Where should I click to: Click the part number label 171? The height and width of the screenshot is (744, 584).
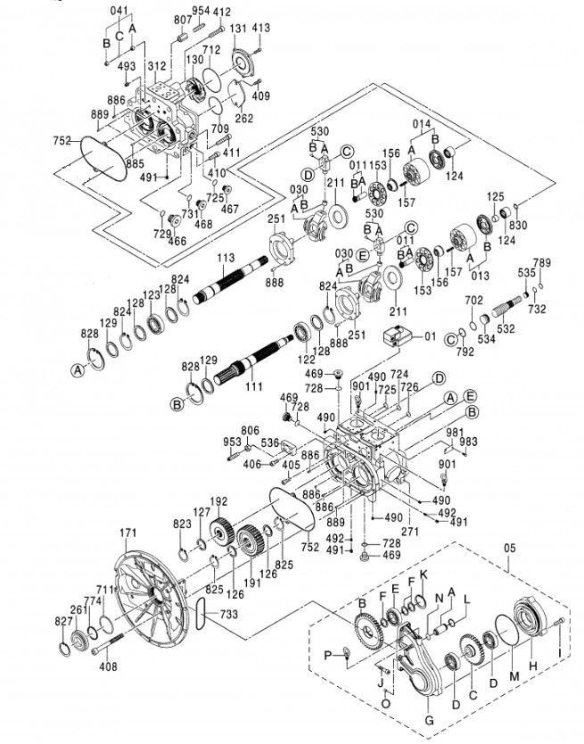[x=128, y=533]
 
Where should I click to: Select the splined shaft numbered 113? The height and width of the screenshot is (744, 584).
[x=231, y=279]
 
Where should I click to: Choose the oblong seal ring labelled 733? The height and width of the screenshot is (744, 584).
[x=200, y=613]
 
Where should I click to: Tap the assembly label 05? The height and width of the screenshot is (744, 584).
[x=508, y=548]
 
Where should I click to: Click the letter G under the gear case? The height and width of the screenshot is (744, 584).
[x=429, y=720]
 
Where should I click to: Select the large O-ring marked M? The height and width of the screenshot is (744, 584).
[x=508, y=629]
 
